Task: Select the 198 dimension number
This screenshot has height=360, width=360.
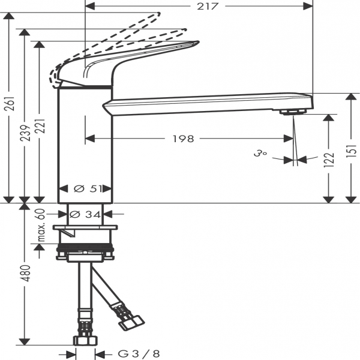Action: [x=183, y=139]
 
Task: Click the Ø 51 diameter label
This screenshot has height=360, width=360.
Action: [x=86, y=188]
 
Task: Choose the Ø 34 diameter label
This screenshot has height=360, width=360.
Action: [x=85, y=213]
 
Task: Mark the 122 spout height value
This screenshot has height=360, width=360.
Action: [x=328, y=161]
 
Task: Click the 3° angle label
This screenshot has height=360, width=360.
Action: [x=259, y=154]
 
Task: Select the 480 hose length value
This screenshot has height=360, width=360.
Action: [x=25, y=273]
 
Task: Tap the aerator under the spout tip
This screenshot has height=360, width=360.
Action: [x=293, y=112]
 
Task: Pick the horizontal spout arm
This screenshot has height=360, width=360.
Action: [x=204, y=103]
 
